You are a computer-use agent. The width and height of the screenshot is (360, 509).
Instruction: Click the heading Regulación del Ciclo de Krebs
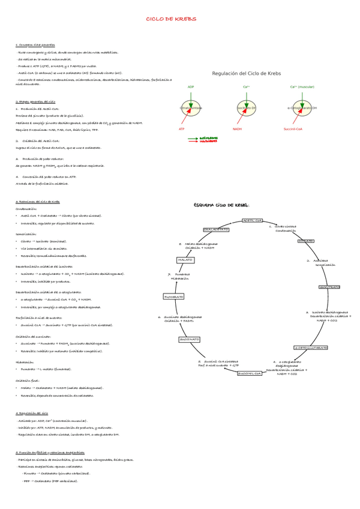point(247,73)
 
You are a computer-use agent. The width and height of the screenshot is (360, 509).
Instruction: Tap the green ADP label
point(191,87)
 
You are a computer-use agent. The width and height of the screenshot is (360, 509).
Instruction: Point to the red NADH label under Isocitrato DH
point(238,129)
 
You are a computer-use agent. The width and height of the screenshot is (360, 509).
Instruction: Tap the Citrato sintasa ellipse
point(191,108)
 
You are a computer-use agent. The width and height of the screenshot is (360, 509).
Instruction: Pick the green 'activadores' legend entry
point(208,137)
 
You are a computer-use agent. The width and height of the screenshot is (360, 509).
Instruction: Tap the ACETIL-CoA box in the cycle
point(252,220)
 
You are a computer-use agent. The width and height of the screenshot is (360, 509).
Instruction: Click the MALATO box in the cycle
point(185,260)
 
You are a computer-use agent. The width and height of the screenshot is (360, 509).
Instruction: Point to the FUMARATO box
point(174,297)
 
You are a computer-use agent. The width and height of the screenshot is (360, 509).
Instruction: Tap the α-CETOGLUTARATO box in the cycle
point(311,348)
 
